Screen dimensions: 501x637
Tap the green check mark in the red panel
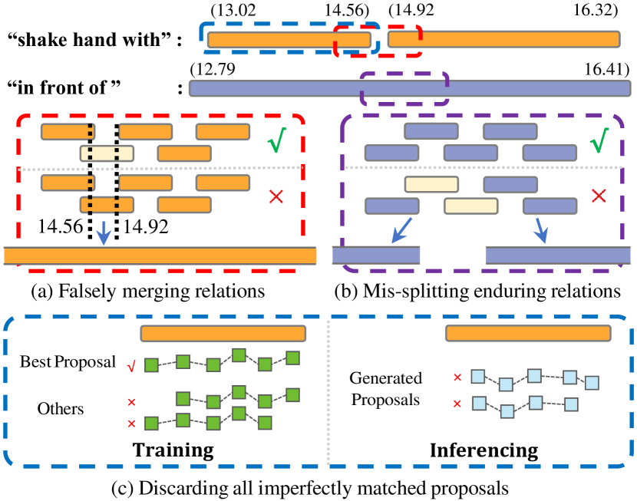click(x=277, y=143)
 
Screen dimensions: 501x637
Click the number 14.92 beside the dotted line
click(x=146, y=226)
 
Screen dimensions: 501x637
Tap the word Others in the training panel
click(x=60, y=409)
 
